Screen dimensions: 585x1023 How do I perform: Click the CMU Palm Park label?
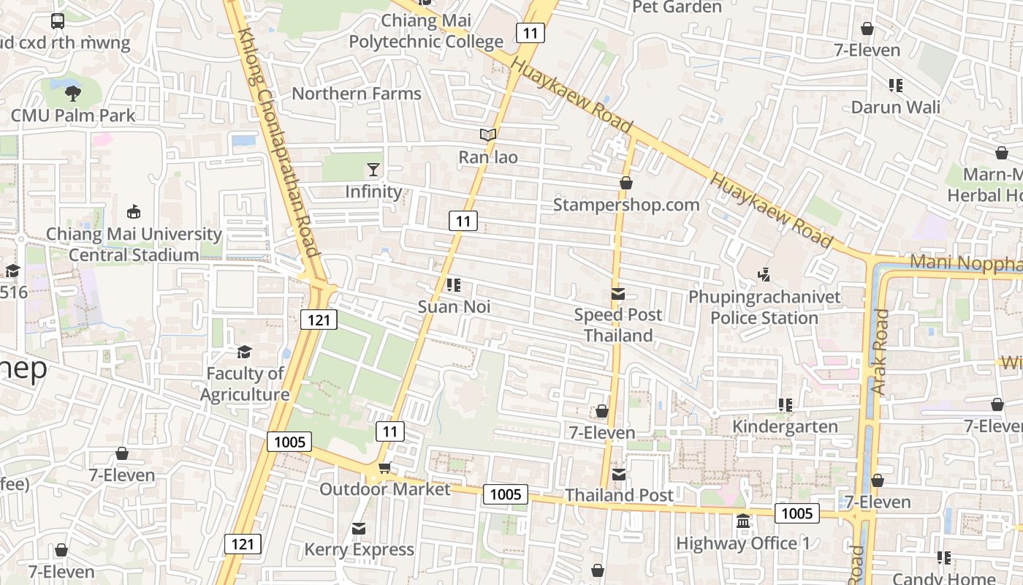tap(73, 116)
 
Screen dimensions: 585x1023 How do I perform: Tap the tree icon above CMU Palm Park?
tap(72, 93)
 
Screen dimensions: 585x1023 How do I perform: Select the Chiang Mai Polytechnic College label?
tap(426, 31)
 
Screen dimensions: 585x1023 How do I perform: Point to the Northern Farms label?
tap(357, 94)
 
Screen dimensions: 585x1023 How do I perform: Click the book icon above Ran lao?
tap(488, 135)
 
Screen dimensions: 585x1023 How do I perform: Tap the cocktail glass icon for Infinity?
tap(373, 170)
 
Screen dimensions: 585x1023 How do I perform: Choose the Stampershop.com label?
tap(626, 205)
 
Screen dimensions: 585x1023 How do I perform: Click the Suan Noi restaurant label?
tap(454, 307)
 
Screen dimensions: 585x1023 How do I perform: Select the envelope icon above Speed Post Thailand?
tap(618, 294)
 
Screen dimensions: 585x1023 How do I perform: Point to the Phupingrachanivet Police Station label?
tap(764, 308)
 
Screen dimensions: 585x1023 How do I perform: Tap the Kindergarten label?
tap(785, 427)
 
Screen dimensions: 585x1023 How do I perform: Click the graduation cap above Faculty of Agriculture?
tap(244, 352)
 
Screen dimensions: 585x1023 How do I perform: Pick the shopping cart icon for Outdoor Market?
tap(384, 468)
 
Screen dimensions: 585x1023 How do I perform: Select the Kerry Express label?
tap(359, 550)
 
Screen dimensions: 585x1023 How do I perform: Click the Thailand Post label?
tap(619, 496)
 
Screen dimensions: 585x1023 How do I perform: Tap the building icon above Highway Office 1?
tap(743, 522)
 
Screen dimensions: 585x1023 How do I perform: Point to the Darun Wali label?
tap(896, 107)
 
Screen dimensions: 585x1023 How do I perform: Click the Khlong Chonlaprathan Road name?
tap(281, 143)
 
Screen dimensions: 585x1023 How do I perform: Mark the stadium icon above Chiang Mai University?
tap(133, 212)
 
